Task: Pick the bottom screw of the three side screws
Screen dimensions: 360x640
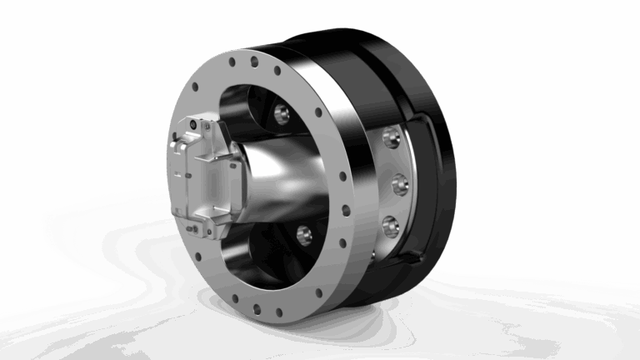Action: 390,223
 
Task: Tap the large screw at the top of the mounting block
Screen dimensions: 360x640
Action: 192,125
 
